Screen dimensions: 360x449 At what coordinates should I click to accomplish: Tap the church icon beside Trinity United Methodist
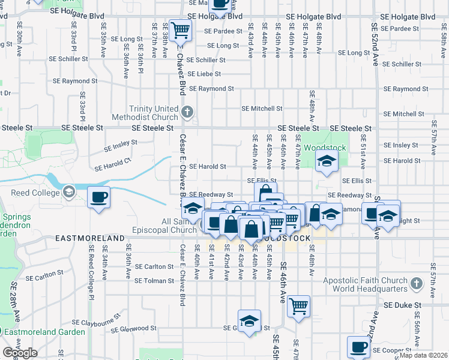tap(188, 112)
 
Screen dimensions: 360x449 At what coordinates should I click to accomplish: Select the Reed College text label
tap(34, 192)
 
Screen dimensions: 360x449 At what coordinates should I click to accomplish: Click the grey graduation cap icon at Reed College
tap(68, 192)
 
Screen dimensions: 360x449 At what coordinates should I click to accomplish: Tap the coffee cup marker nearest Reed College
tap(99, 197)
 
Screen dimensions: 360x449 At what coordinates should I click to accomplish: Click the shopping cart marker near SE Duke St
tap(298, 306)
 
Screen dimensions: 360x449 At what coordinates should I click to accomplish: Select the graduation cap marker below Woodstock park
tap(327, 161)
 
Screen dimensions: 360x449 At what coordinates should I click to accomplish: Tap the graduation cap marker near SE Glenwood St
tap(250, 321)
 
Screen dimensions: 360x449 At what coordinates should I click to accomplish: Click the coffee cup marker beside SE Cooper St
tap(359, 346)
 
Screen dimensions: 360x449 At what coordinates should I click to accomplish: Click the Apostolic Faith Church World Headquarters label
tap(366, 284)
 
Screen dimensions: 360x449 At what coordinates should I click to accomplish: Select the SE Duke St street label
tap(403, 305)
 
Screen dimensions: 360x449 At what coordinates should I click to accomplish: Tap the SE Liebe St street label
tap(204, 74)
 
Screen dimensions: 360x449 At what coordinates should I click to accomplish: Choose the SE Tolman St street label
tap(154, 280)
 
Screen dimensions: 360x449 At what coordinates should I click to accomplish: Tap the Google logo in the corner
tap(20, 353)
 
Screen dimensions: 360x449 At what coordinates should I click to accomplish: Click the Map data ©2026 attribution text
tap(424, 355)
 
